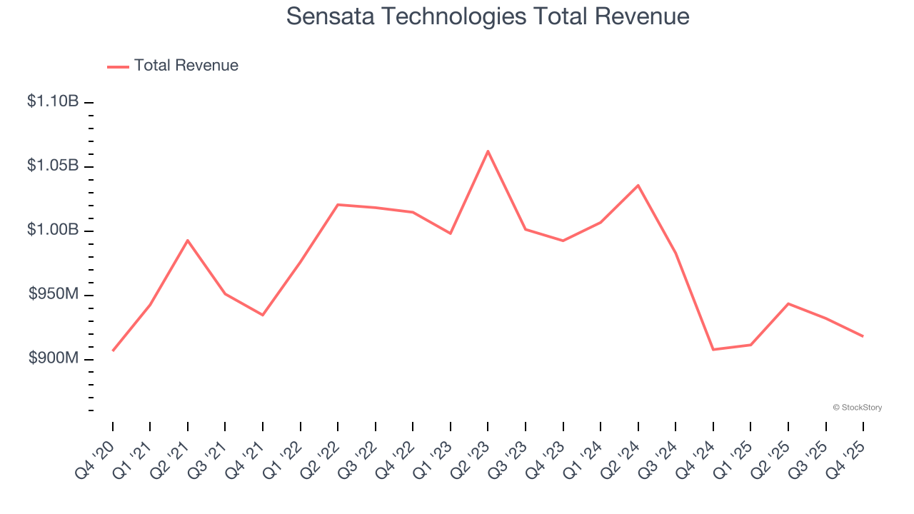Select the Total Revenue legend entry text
tap(186, 66)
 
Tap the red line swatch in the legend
tap(118, 66)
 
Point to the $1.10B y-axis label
tap(52, 101)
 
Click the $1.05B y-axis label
tap(52, 166)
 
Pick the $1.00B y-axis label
tap(52, 230)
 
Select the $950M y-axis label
tap(54, 294)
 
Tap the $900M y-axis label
tap(54, 358)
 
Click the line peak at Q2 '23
tap(488, 151)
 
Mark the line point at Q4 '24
tap(713, 350)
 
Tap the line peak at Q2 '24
tap(638, 185)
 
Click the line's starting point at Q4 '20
tap(113, 351)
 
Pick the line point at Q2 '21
tap(188, 241)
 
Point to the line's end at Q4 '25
tap(863, 336)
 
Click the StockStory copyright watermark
tap(857, 408)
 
